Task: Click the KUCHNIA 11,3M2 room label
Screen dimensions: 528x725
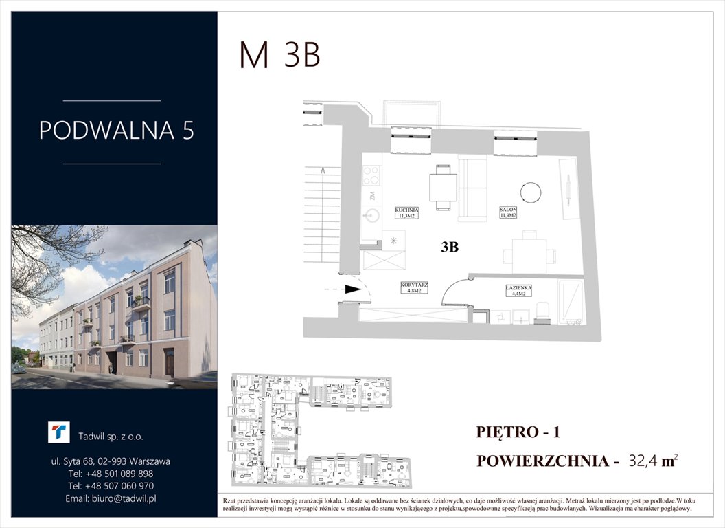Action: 407,212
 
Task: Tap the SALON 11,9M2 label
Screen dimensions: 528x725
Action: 508,212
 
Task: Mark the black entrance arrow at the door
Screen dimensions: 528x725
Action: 353,289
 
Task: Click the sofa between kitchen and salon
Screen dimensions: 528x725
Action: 472,190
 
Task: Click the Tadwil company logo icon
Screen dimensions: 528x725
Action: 59,433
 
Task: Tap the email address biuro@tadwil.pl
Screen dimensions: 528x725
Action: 110,498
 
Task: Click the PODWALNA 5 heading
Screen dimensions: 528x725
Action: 116,131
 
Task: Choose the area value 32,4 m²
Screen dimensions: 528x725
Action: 653,461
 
